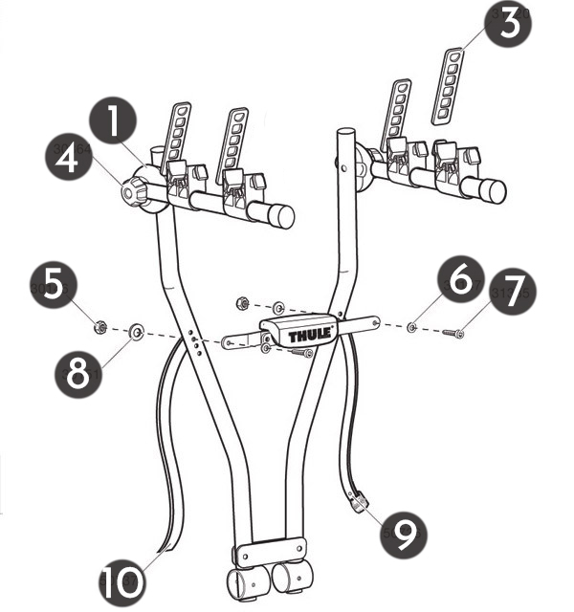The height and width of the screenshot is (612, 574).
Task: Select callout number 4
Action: coord(66,160)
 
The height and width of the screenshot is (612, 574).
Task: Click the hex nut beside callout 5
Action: coord(99,329)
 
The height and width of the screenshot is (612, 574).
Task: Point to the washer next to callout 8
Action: coord(136,332)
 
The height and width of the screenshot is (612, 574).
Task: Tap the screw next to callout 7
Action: coord(453,333)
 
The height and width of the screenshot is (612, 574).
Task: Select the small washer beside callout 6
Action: coord(411,328)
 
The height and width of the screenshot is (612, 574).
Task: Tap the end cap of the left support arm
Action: coord(281,215)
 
